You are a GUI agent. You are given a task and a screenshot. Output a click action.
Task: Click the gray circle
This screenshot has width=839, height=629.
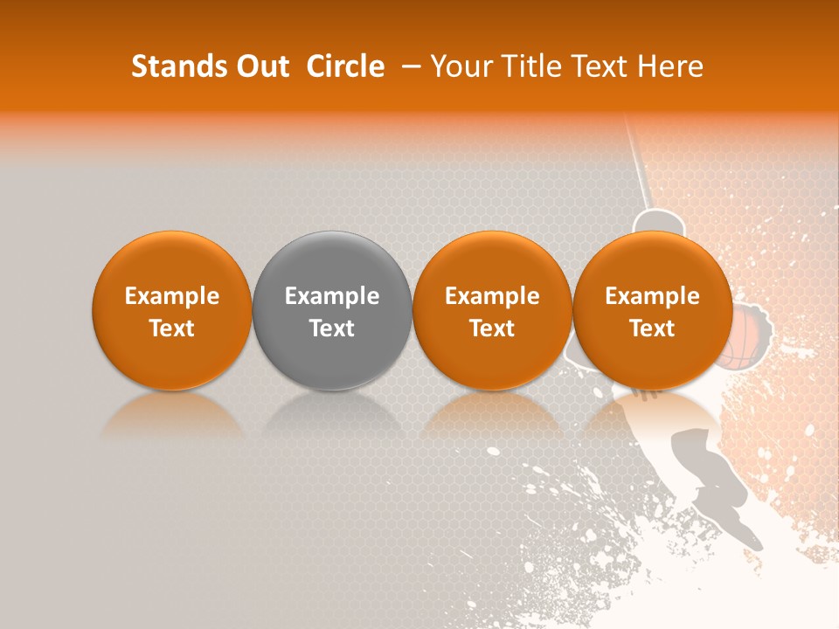point(332,310)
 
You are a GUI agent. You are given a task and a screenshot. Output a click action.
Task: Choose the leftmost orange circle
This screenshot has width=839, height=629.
point(172,310)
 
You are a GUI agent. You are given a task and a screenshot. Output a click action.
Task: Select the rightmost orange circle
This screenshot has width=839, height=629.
point(653,310)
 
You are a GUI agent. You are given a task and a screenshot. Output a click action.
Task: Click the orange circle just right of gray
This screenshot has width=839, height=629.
point(492,310)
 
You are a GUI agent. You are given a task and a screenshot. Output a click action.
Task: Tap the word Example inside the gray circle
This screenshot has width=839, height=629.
point(332,296)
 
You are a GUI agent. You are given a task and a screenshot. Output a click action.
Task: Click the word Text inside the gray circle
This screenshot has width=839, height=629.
point(332,328)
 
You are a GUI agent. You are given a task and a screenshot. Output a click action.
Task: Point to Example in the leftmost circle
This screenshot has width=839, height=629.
point(172,296)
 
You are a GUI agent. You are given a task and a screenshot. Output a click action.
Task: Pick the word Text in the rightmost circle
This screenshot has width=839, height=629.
point(653,328)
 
